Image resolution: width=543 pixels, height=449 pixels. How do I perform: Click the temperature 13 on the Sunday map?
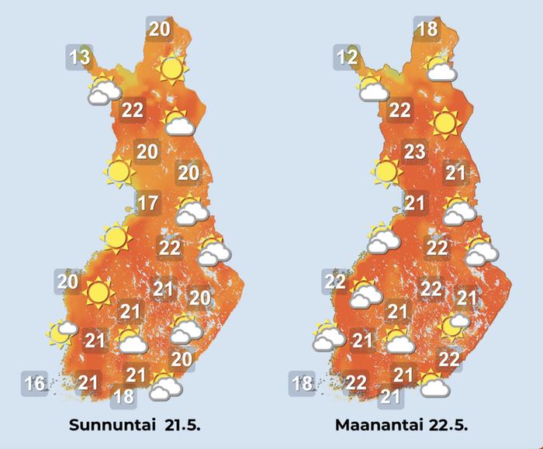coord(79,57)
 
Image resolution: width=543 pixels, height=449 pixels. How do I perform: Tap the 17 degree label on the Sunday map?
coord(147,205)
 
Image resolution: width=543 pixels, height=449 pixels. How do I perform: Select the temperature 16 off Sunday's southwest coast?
coord(35,383)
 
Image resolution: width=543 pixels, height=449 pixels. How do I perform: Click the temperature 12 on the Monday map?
coord(348,57)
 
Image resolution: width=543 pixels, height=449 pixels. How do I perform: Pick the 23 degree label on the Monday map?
coord(415,151)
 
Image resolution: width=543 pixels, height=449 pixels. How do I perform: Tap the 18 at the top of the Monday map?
coord(427,30)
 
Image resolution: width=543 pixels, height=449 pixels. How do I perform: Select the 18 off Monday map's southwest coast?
coord(302,383)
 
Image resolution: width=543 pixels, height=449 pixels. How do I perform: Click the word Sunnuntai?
coord(105,426)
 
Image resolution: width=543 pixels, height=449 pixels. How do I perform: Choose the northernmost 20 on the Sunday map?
coord(159,30)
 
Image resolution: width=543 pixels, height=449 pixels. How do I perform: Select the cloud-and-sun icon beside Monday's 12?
coord(372,89)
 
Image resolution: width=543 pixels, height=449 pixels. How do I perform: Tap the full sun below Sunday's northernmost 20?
coord(171,70)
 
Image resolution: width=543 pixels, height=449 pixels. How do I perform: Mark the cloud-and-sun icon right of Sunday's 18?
coord(164,385)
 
